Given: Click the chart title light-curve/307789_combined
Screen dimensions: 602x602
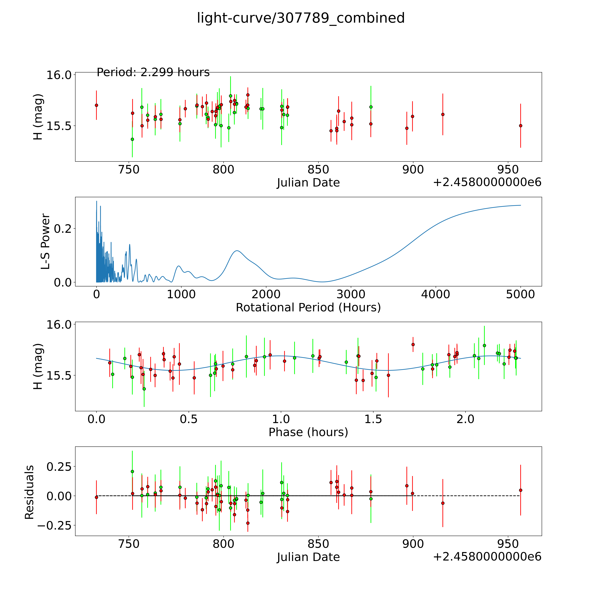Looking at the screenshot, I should [x=301, y=18].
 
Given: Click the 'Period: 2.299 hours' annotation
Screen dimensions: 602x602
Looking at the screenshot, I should [x=153, y=72].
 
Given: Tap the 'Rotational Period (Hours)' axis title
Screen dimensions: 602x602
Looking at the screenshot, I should [x=308, y=308].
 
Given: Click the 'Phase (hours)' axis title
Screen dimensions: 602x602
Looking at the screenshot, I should [x=308, y=432].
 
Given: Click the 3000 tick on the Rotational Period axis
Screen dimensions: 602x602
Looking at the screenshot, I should [x=351, y=294].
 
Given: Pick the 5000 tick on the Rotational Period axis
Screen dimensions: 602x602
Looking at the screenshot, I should [x=520, y=294].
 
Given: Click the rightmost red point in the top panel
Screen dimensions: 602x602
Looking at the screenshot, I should [x=520, y=126].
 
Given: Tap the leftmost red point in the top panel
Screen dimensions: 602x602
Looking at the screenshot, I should [x=97, y=105].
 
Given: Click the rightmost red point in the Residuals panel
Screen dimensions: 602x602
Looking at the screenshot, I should [x=520, y=490].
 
